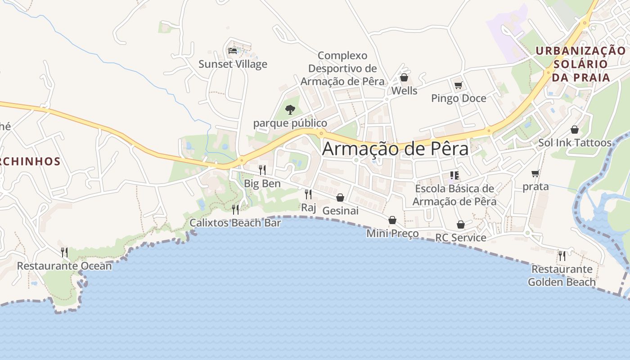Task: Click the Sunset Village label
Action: (x=233, y=64)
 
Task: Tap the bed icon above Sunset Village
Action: (x=233, y=51)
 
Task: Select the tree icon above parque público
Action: (x=290, y=109)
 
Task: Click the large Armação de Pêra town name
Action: (x=395, y=149)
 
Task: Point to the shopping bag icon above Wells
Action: (x=404, y=78)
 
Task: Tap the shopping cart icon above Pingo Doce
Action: (x=459, y=85)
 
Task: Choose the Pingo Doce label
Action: (x=459, y=98)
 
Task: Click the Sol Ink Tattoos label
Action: (x=575, y=143)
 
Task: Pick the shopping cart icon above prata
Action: (x=535, y=173)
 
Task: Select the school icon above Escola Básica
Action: (x=454, y=175)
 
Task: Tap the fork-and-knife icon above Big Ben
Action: (x=262, y=170)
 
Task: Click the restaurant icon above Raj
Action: (x=308, y=194)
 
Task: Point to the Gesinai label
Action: (x=341, y=211)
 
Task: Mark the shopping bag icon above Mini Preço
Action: (x=392, y=220)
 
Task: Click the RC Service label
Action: (x=461, y=238)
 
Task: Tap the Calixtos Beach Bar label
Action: (x=235, y=223)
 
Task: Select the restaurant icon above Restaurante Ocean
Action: (x=64, y=252)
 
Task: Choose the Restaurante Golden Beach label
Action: (x=562, y=276)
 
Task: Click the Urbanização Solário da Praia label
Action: (x=580, y=64)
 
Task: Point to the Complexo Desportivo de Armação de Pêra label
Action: (x=342, y=68)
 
